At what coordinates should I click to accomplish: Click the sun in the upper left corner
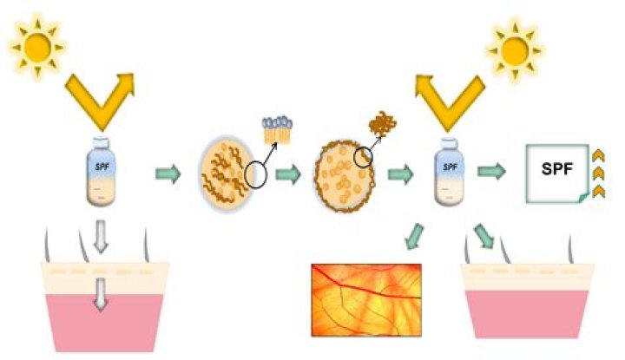coord(38,47)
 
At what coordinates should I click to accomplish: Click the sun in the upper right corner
coord(515,51)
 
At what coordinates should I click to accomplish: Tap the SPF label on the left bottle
coord(102,166)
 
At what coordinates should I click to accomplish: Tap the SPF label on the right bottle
coord(450,167)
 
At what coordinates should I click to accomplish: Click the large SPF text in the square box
coord(556,169)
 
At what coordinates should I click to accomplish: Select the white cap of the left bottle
coord(102,142)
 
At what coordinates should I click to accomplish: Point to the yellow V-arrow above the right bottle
coord(450,101)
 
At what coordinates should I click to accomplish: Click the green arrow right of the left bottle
coord(168,174)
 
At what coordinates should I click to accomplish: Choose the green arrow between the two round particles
coord(288,174)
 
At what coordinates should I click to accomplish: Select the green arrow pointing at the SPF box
coord(491,172)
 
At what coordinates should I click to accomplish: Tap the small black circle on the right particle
coord(363,157)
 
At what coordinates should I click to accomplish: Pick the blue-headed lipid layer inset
coord(277,129)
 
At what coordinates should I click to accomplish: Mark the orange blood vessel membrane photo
coord(366,300)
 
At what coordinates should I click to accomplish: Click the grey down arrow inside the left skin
coord(101,294)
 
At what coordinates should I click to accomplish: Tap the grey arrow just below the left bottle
coord(101,237)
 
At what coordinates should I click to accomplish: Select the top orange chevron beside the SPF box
coord(598,156)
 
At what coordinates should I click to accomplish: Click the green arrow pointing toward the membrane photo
coord(415,237)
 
